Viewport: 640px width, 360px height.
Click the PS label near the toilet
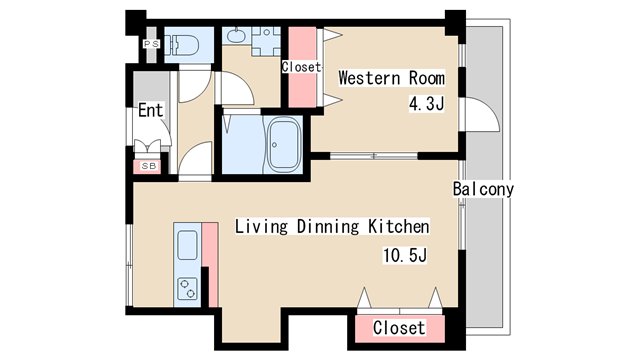[151, 44]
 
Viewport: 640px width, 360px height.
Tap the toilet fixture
[182, 44]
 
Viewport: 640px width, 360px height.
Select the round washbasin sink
[236, 36]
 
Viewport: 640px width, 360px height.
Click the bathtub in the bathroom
[283, 144]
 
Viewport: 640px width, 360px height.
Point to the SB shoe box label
[149, 166]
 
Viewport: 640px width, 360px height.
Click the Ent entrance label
[151, 110]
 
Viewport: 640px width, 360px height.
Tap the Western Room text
[391, 78]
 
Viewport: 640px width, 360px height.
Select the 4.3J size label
[426, 104]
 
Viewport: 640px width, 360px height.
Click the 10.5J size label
[404, 255]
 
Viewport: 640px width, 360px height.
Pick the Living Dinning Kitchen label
[332, 226]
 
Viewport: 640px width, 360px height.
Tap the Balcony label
[483, 189]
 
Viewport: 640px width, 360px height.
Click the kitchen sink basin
[188, 245]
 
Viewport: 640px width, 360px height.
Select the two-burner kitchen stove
[188, 288]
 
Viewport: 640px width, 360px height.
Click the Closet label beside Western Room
[302, 67]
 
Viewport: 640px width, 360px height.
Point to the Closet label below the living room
[399, 327]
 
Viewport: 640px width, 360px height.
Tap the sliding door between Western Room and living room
[373, 156]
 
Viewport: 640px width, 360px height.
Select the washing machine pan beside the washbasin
[266, 41]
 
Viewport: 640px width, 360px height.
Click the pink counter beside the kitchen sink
[211, 264]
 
